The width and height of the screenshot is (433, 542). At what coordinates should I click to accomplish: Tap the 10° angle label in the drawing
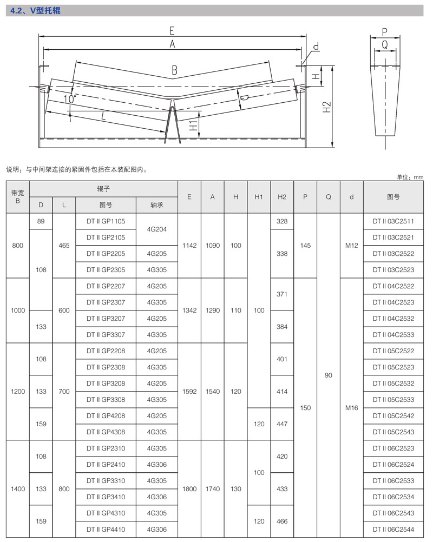[70, 99]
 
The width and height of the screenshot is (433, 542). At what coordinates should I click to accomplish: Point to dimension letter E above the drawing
[172, 30]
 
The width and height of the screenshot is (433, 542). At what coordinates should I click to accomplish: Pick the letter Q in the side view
[385, 45]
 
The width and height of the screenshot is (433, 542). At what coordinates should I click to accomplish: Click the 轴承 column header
[157, 205]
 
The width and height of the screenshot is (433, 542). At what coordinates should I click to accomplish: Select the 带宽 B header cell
[18, 197]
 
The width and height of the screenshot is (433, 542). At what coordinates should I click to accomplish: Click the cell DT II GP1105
[106, 221]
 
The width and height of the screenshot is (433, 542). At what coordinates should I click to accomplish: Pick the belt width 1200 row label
[18, 391]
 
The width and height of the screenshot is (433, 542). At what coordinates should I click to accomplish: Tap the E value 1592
[189, 391]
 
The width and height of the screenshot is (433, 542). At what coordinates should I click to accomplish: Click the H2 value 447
[281, 424]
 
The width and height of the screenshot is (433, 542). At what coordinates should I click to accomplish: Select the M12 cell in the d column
[352, 246]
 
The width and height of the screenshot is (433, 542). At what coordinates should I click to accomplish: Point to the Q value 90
[328, 375]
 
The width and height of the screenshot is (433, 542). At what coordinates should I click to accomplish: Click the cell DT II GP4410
[106, 530]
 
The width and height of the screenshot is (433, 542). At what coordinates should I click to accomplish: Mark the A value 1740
[213, 488]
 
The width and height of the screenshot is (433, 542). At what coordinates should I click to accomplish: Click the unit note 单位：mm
[410, 177]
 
